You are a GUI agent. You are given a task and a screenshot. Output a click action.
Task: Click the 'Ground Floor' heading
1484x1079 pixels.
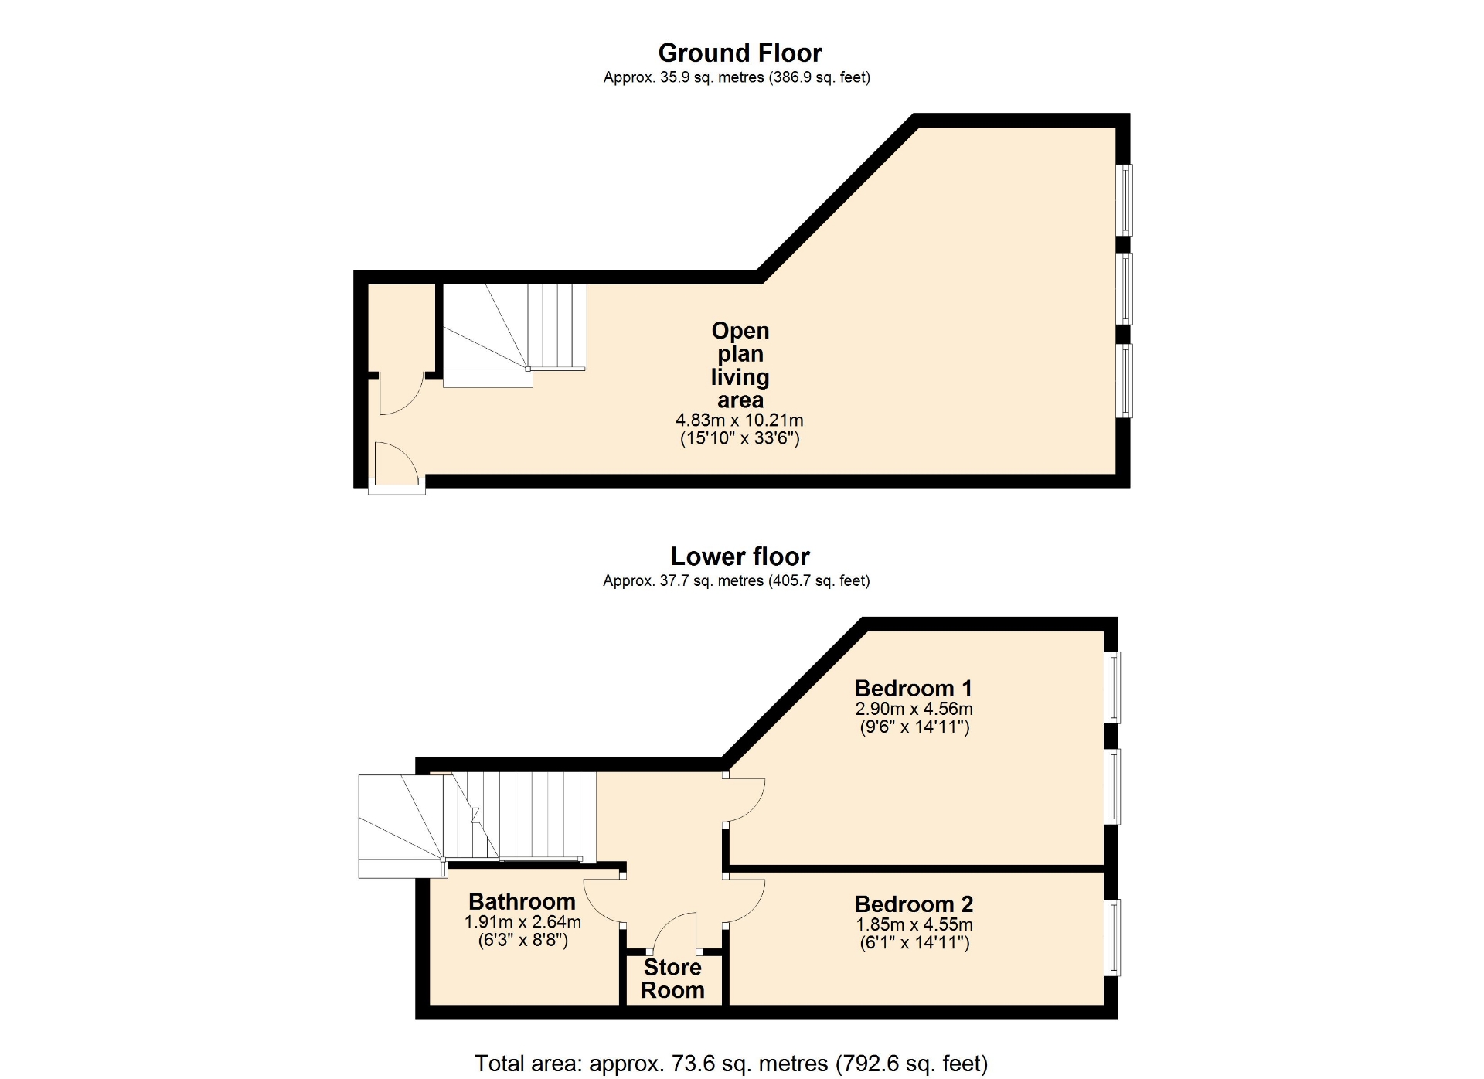pos(740,53)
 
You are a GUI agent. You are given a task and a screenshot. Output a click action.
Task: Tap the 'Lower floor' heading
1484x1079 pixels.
pos(740,556)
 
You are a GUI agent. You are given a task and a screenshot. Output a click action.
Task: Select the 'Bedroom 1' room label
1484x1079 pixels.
pos(914,688)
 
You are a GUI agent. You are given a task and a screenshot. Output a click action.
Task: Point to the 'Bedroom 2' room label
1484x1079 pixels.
pos(914,904)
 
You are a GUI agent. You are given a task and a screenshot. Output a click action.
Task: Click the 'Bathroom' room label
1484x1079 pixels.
pos(522,901)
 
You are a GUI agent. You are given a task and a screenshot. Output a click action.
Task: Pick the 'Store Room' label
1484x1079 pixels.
pos(672,979)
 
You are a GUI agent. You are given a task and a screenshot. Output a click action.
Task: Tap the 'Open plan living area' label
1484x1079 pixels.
pos(740,365)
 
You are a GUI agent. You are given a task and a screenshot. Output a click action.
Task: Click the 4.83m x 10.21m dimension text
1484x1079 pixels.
pos(740,420)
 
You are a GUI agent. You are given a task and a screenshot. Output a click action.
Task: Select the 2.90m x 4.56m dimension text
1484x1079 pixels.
pos(914,709)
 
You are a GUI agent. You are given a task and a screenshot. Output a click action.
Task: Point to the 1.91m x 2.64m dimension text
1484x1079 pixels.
pos(522,922)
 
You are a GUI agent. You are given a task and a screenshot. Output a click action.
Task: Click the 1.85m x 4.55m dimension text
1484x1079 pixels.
pos(914,924)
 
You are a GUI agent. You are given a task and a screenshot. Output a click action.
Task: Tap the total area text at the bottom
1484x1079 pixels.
pos(731,1064)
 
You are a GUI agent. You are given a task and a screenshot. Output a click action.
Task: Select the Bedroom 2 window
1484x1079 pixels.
pos(1112,938)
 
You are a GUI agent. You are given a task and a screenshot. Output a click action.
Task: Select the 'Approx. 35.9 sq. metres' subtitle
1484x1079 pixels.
pos(737,77)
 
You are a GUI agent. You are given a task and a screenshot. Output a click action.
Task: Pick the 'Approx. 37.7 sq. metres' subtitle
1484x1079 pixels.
pos(737,580)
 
